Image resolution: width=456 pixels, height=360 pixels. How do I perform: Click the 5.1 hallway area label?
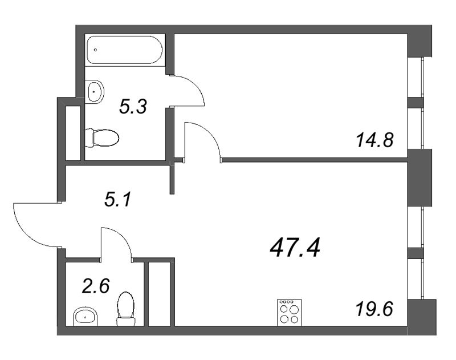(120, 200)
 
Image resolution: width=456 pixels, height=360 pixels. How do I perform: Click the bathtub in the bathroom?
(125, 50)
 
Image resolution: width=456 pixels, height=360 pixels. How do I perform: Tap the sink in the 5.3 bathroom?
(95, 90)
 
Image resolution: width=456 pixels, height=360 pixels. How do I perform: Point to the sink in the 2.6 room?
(85, 314)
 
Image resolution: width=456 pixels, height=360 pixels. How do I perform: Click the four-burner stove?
(288, 312)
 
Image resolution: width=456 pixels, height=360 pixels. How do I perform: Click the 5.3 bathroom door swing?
(188, 91)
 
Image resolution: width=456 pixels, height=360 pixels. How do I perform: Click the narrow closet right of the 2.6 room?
(160, 294)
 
